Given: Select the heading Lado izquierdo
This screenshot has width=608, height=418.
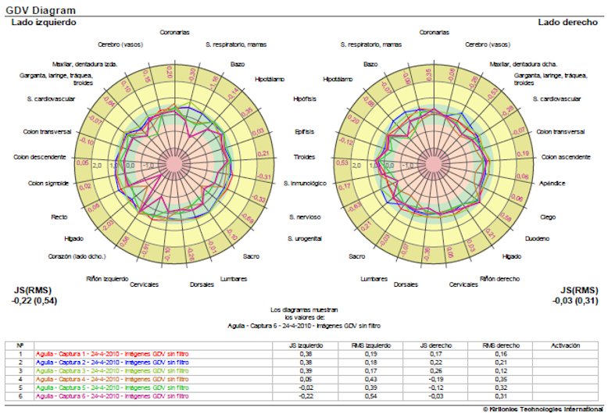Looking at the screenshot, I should pos(44,23).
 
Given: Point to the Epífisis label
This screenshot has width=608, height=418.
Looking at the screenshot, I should pos(303,131).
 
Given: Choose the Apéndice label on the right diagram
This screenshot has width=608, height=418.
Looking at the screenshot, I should pos(553,184).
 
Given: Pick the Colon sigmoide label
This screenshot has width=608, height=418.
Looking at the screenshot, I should pos(48,184).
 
